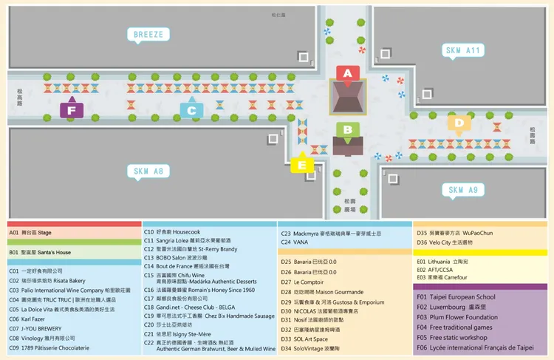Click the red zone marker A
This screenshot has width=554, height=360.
coord(347,72)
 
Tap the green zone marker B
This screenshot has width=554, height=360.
coord(346,129)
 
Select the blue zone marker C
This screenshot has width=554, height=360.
coord(191,110)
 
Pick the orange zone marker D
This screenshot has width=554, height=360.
coord(459,123)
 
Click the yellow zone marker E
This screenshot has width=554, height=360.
coord(301,165)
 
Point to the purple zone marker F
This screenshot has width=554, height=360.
coord(71,110)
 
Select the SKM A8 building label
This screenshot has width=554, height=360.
coord(148,171)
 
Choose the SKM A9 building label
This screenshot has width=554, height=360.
coord(462,190)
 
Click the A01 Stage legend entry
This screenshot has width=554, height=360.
coord(30,232)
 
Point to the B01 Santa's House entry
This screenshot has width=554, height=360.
coord(40,252)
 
